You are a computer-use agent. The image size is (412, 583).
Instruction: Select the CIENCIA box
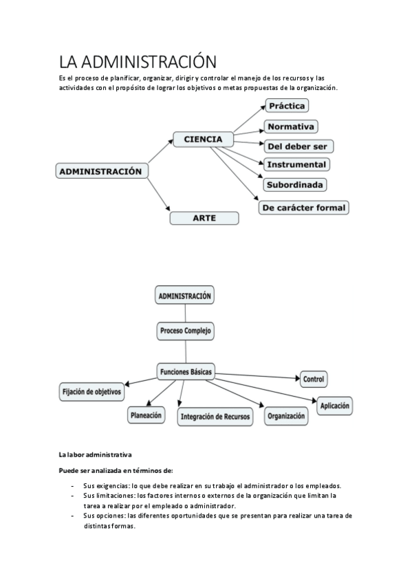point(203,139)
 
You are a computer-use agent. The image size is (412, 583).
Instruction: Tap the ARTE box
point(204,218)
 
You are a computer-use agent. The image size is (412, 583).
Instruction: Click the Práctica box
point(287,106)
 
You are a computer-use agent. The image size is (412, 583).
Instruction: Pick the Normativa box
point(290,126)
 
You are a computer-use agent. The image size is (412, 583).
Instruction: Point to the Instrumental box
point(296,165)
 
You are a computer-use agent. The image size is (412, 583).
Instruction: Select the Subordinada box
point(294,185)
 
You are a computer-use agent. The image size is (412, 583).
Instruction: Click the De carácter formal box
point(304,207)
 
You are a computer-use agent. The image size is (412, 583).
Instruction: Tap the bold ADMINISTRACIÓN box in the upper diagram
point(101,170)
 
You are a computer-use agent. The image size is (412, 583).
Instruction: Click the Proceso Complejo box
point(186,331)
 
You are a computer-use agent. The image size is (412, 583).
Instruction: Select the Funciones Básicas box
point(186,371)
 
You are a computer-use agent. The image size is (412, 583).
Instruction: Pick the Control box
point(314,379)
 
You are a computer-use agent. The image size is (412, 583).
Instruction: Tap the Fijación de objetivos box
point(92,392)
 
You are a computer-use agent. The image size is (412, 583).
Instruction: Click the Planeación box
point(147,415)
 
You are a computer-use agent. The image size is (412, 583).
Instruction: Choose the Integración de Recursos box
point(215,417)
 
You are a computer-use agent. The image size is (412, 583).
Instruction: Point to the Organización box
point(286,416)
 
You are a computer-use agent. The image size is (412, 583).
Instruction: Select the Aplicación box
point(335,406)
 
